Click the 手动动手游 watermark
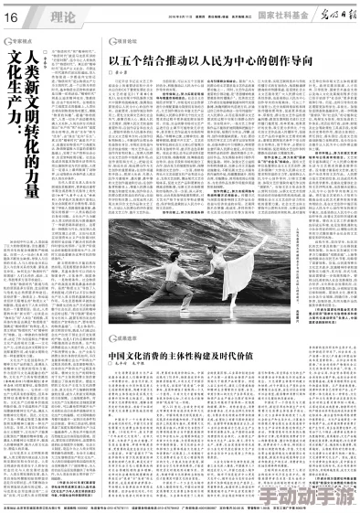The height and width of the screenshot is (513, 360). [318, 495]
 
